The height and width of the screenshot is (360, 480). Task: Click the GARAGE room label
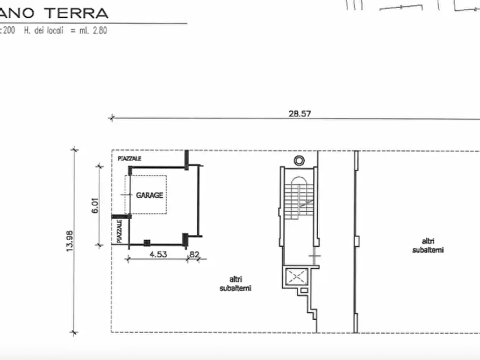(149, 195)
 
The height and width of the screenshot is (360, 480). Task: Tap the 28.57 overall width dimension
(300, 113)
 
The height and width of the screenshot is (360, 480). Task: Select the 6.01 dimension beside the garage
(95, 206)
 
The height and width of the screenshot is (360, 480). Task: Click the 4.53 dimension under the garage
(157, 255)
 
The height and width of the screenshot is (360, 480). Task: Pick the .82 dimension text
(194, 255)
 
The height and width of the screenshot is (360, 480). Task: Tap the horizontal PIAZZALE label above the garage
(130, 159)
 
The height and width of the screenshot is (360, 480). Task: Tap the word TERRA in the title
(80, 13)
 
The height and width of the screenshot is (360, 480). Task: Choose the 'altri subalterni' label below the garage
(235, 284)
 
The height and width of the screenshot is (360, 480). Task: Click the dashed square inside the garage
(146, 195)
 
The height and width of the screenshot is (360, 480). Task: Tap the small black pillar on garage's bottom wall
(147, 243)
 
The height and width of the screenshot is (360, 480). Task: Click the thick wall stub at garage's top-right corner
(186, 159)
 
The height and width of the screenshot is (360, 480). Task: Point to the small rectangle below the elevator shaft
(304, 291)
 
